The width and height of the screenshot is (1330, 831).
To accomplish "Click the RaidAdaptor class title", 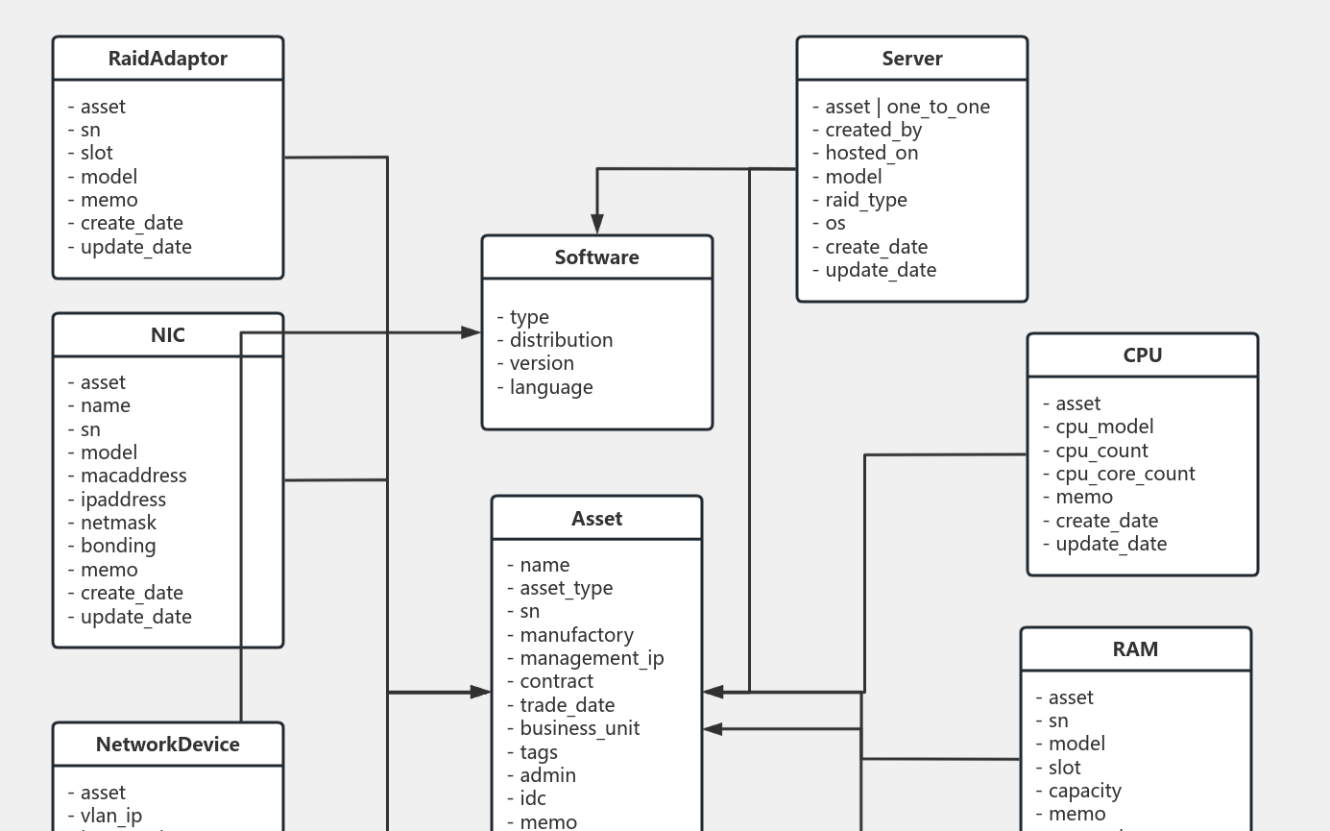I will (x=168, y=59).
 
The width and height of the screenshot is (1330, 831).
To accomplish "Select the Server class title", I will (x=912, y=59).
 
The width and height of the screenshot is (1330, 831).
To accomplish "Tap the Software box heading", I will (x=596, y=257).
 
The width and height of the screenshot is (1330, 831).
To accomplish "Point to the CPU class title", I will (x=1143, y=355).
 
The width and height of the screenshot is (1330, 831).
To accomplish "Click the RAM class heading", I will (x=1135, y=649).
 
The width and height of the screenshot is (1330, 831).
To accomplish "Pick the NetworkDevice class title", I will (x=168, y=745).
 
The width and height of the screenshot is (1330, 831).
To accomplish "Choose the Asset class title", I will (x=596, y=519).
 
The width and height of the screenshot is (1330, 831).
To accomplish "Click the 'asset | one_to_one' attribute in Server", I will (x=907, y=107).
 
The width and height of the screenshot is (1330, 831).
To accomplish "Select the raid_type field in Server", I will (x=865, y=200).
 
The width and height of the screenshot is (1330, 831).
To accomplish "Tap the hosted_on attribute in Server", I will (x=871, y=153).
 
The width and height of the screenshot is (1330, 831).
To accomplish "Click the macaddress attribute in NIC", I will (x=133, y=476).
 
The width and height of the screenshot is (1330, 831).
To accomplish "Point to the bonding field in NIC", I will (x=117, y=546).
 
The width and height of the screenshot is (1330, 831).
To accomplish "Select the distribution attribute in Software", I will (x=561, y=340).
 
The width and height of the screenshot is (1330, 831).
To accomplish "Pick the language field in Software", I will (x=550, y=387).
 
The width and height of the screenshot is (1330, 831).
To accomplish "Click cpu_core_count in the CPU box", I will (x=1124, y=474).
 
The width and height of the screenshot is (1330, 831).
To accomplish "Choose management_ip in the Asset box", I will (x=591, y=658).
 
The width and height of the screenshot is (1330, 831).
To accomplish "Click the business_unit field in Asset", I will (x=579, y=728).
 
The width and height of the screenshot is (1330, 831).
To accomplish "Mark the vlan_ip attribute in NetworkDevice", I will (x=110, y=816).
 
